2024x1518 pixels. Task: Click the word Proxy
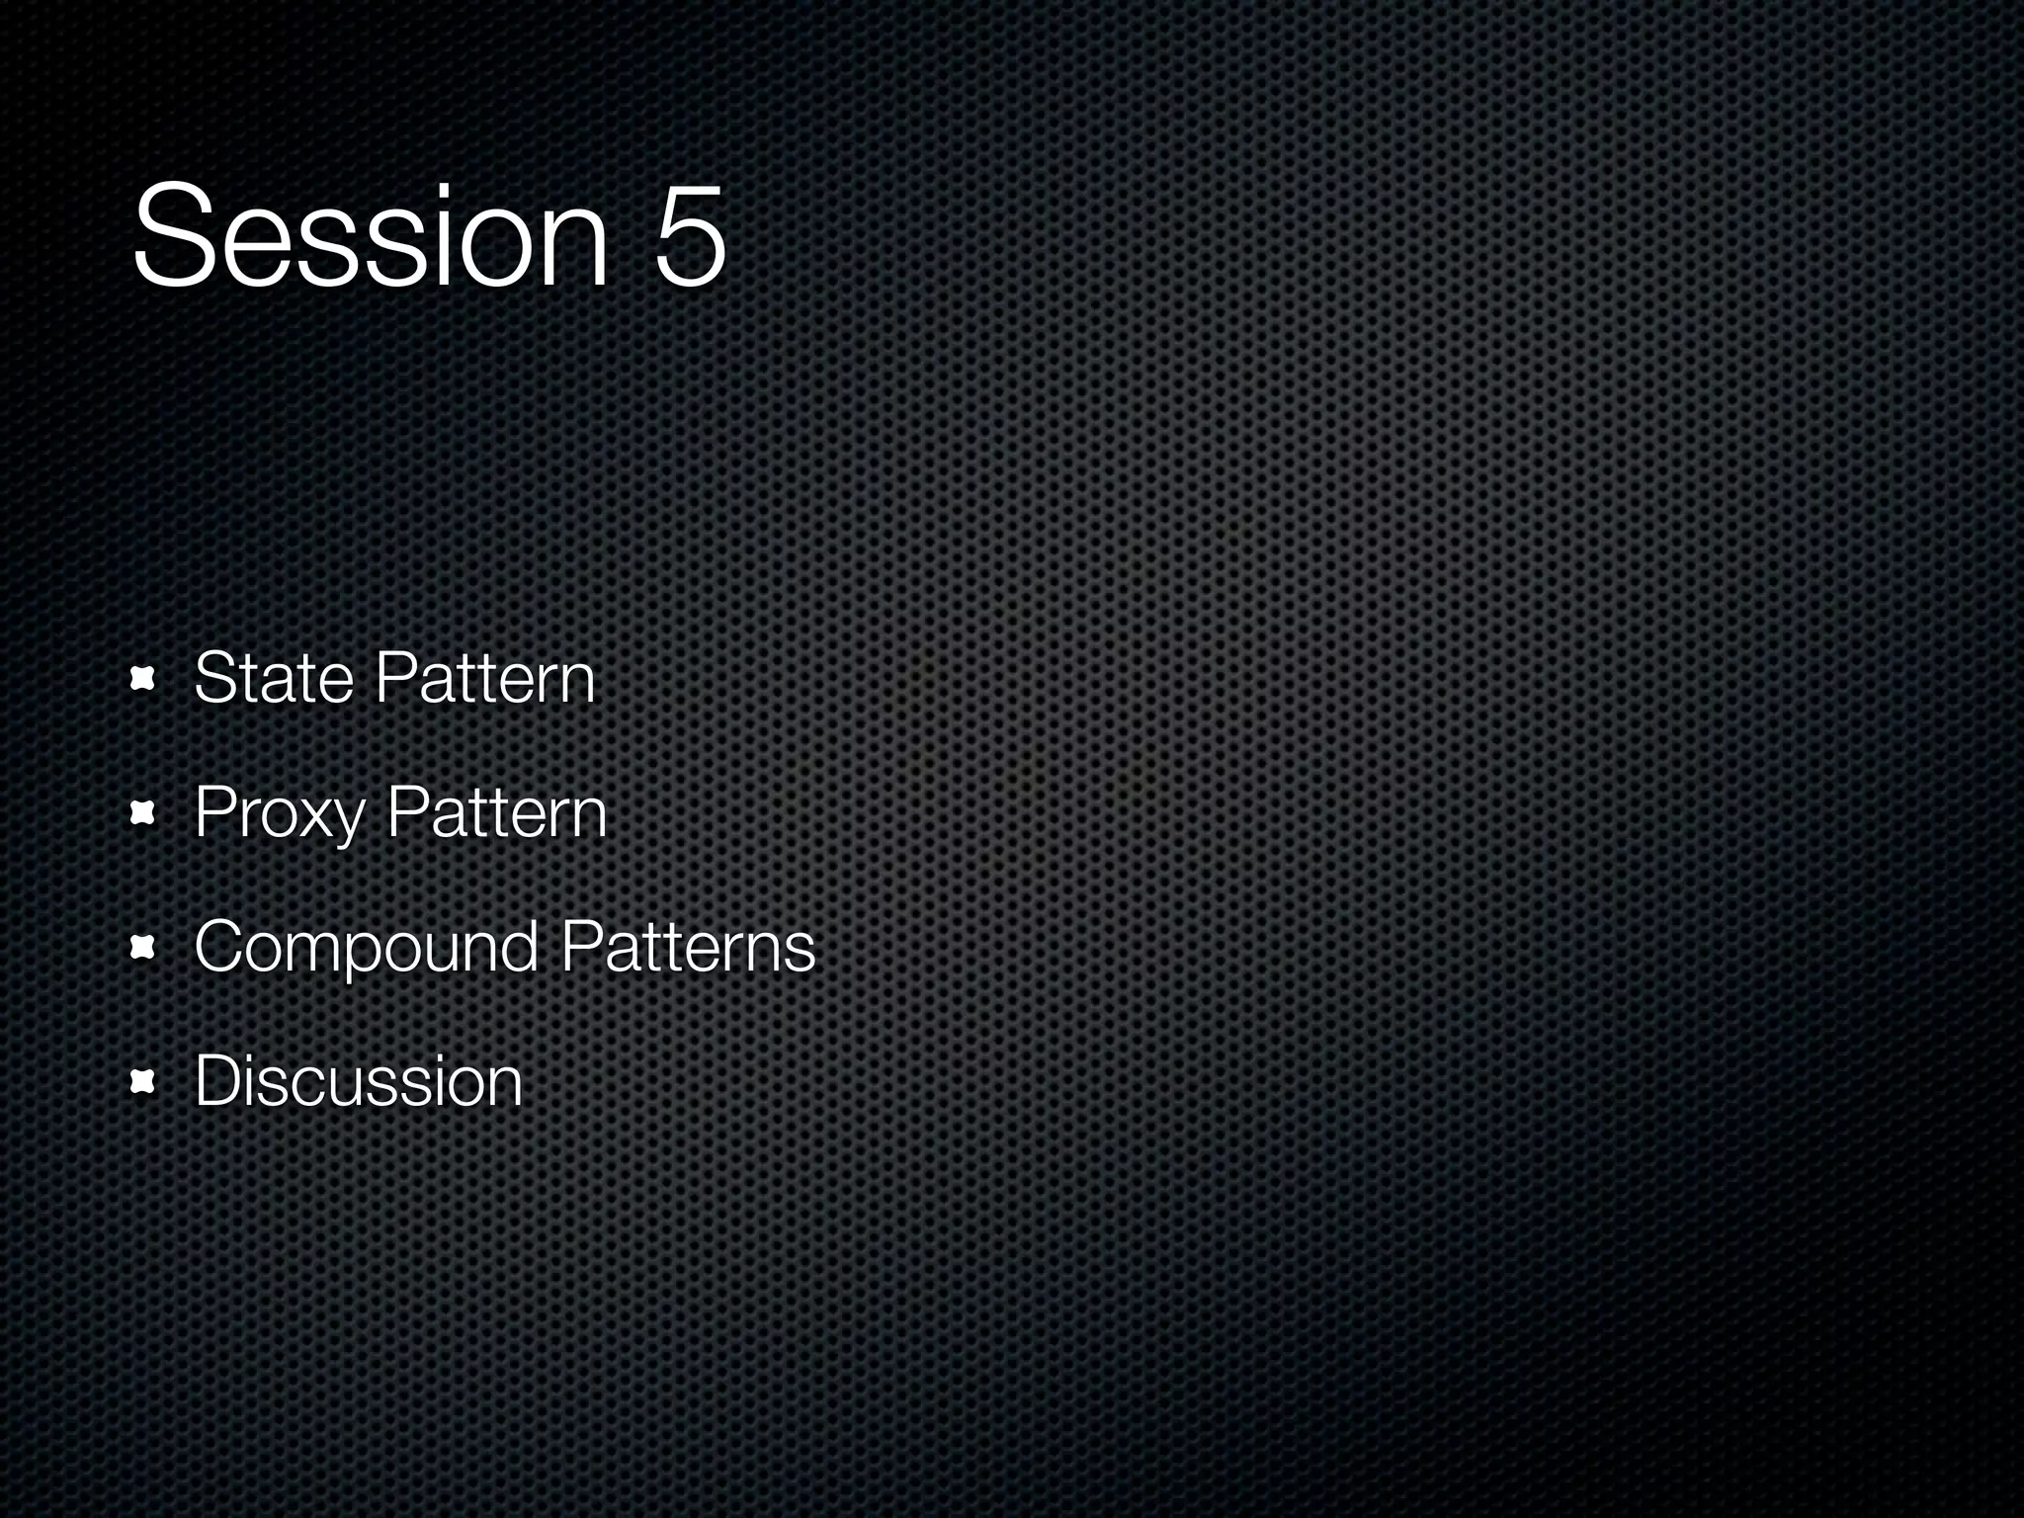280,813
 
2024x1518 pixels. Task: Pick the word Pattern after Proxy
496,812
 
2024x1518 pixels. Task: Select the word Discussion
358,1081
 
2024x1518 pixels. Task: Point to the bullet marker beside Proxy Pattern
144,814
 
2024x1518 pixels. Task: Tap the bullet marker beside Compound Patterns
144,949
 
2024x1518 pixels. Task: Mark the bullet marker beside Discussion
144,1083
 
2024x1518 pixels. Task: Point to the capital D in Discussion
218,1081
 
